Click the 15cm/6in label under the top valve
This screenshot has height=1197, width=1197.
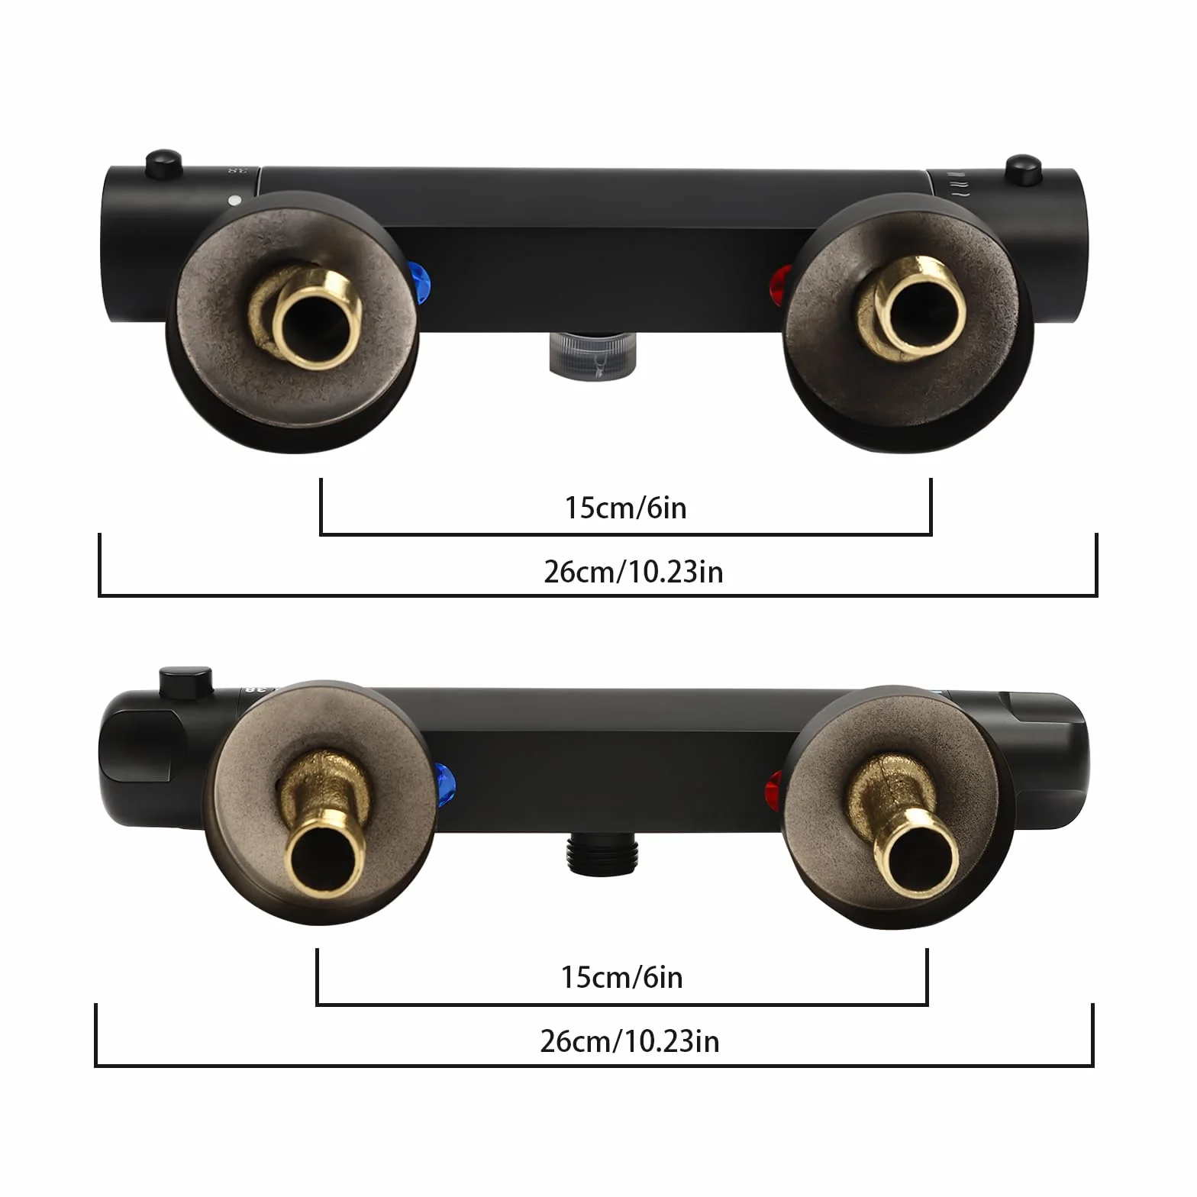pos(625,508)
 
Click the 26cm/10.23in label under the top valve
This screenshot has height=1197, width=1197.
pos(633,572)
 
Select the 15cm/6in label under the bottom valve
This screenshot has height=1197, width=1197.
pos(621,977)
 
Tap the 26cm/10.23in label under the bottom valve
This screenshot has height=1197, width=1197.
pos(629,1041)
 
